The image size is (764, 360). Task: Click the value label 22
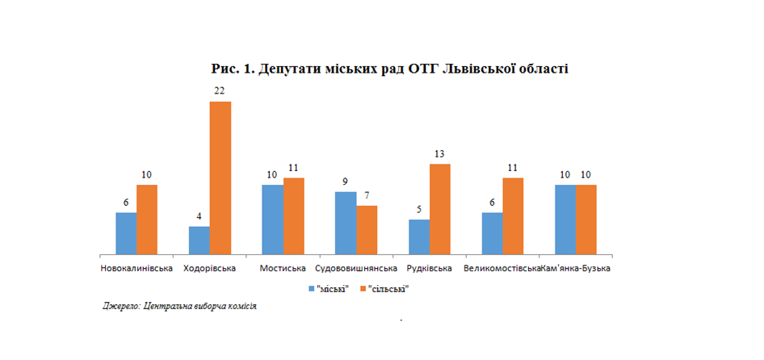coord(220,91)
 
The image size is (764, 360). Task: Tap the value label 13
coord(439,154)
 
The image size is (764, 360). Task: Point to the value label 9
coord(346,182)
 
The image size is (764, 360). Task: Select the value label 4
coord(199,216)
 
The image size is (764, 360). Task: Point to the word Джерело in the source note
coord(120,307)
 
